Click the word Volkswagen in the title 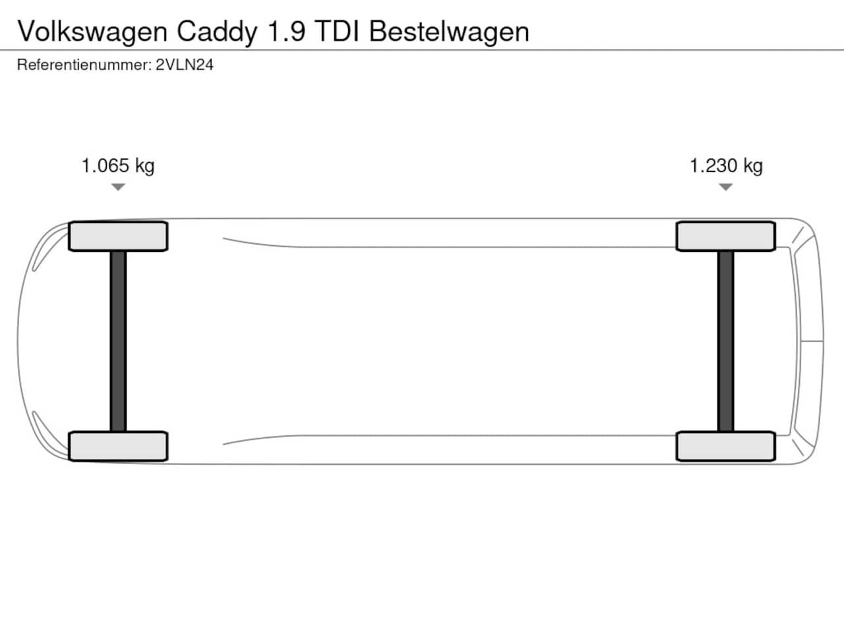[92, 32]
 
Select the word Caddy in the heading [216, 32]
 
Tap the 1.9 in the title [286, 31]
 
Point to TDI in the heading [337, 31]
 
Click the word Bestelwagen [449, 32]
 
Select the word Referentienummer [84, 65]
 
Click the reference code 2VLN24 [185, 65]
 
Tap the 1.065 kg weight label [118, 166]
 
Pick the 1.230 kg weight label [726, 166]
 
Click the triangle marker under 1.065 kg [118, 187]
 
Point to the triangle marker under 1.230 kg [725, 187]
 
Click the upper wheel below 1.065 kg [118, 236]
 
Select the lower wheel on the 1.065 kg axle [118, 446]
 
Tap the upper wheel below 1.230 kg [726, 236]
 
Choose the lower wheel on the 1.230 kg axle [726, 446]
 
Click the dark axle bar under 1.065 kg [118, 342]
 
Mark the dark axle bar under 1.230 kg [725, 342]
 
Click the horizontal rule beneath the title [422, 50]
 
